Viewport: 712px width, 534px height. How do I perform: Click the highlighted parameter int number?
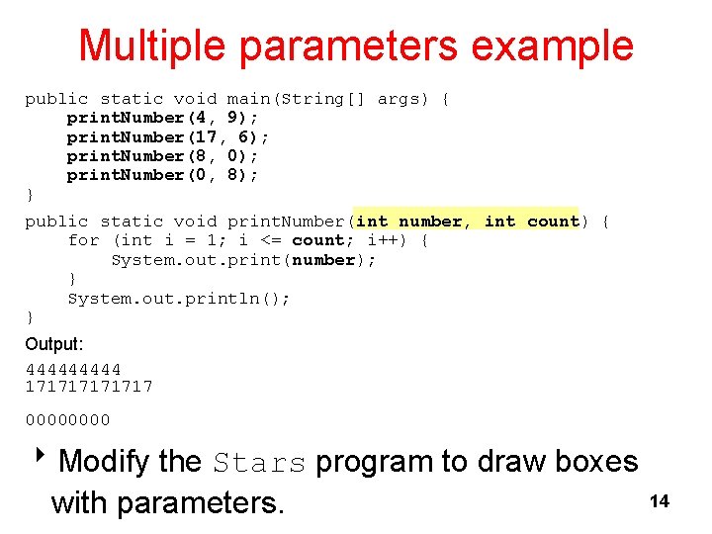click(x=408, y=222)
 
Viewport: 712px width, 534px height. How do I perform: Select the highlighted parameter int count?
click(x=531, y=222)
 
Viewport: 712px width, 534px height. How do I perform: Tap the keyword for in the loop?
click(x=83, y=240)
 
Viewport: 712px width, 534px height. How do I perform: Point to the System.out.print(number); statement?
click(x=243, y=260)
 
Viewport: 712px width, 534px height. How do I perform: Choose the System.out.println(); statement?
click(x=179, y=299)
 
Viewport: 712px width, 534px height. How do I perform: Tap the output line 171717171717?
click(x=89, y=387)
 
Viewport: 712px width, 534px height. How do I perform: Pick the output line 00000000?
click(x=67, y=420)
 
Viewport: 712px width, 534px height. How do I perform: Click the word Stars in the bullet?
click(x=260, y=462)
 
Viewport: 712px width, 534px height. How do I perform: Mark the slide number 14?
click(x=659, y=501)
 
